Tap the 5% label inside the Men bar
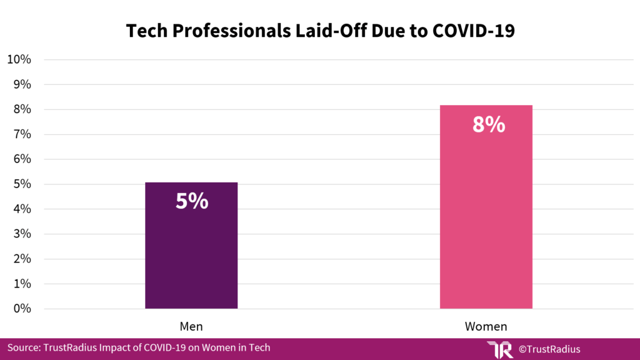pos(191,201)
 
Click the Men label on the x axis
pos(191,326)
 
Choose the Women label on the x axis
pos(486,326)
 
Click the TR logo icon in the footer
pos(499,349)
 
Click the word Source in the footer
pos(24,347)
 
